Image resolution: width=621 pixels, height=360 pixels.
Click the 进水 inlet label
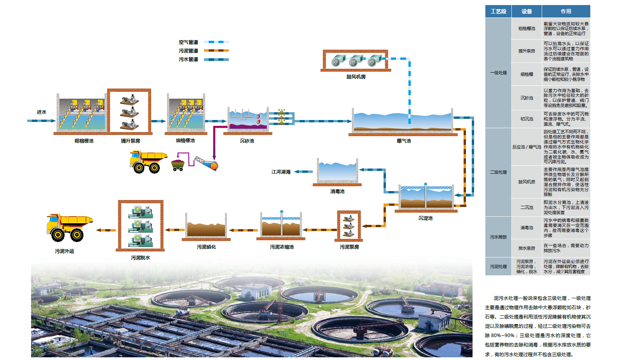pos(42,112)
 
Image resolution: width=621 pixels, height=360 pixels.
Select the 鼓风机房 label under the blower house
pos(356,77)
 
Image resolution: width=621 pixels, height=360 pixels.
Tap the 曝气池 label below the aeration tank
pos(404,141)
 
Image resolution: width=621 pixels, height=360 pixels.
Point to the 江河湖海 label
pos(281,172)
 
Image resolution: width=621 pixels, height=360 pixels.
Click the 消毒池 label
pos(337,191)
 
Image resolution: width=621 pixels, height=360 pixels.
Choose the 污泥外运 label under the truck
pos(65,251)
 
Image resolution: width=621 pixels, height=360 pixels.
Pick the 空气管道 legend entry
pos(188,42)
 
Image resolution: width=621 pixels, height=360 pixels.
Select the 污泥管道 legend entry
pos(188,51)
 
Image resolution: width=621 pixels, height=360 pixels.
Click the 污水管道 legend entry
pos(188,59)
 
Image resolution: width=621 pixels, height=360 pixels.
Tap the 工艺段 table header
pos(498,11)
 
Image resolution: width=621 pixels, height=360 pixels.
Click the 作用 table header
pos(566,11)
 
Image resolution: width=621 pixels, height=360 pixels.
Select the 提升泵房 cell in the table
pos(527,51)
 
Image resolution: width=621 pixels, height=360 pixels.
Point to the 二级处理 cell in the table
pos(498,172)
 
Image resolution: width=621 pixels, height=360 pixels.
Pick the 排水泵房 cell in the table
pos(527,248)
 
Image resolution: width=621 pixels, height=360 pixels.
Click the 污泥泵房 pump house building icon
pos(349,226)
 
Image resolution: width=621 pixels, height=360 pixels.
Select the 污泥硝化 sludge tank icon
pos(206,226)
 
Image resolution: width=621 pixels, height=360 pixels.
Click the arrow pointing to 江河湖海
pos(298,172)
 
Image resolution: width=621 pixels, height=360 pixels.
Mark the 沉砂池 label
pos(247,141)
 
